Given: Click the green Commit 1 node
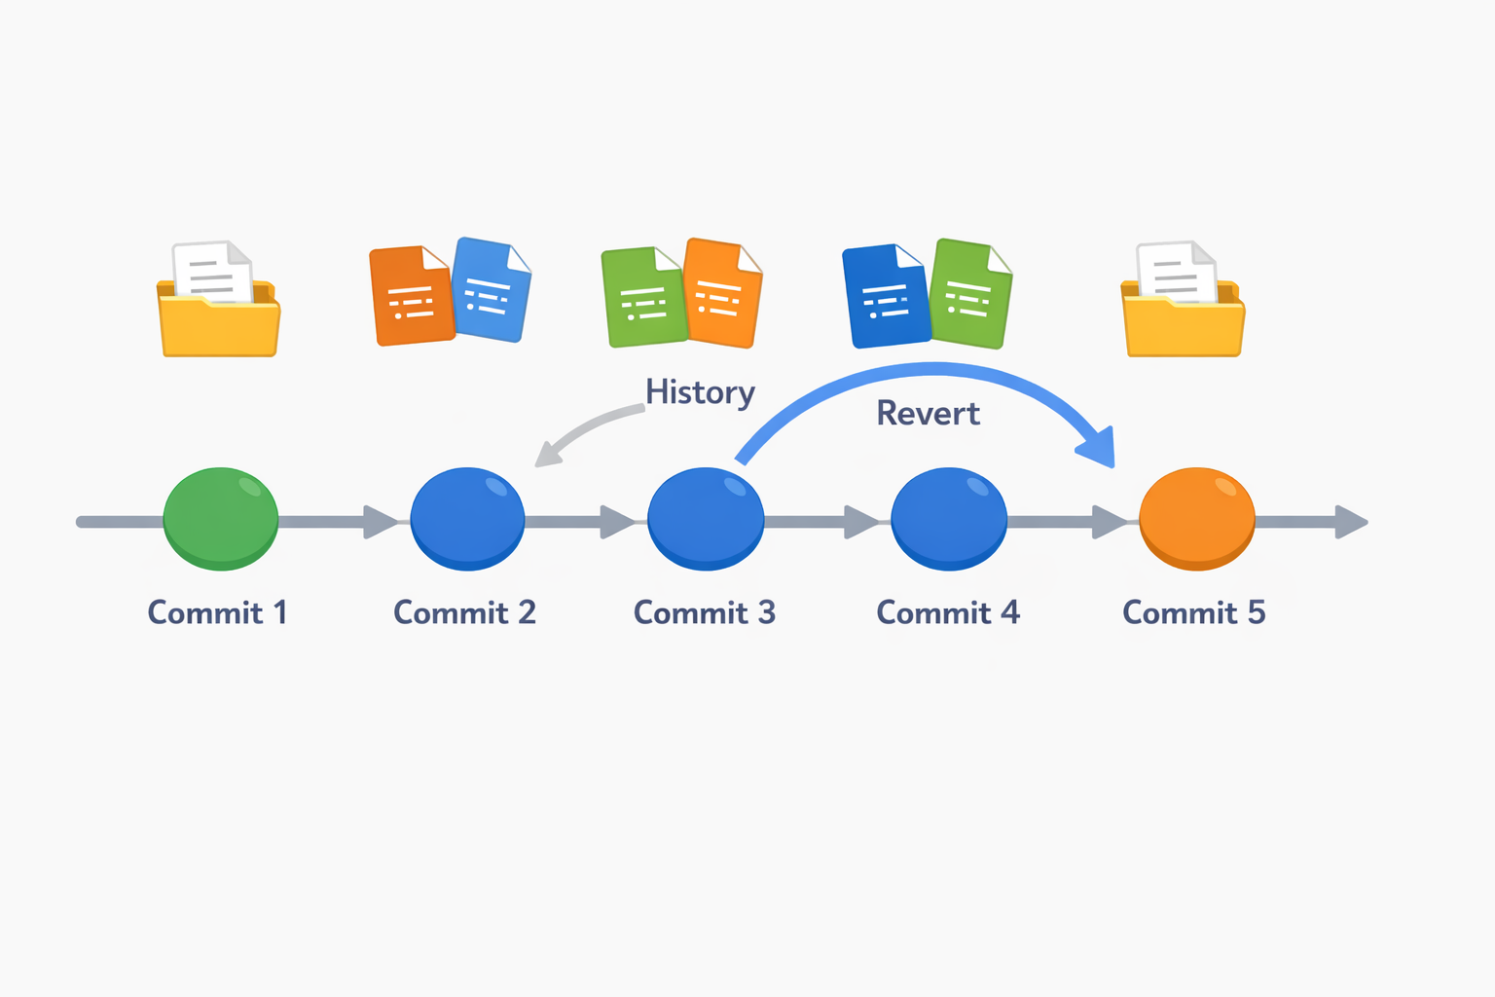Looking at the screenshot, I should coord(221,518).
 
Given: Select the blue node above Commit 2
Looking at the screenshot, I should coord(467,518).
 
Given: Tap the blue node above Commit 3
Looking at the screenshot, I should coord(706,518).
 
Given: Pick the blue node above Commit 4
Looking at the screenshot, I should coord(949,518).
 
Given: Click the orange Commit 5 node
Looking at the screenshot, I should coord(1196,518).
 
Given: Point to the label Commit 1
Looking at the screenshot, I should coord(217,612).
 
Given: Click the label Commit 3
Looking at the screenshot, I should coord(705,612).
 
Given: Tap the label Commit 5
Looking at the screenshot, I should coord(1193,612).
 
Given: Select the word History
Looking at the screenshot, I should coord(700,392).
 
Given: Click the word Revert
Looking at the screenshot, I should coord(928,414).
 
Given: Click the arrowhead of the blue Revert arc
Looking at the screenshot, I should coord(1098,448).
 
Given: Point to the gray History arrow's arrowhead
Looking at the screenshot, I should coord(547,455).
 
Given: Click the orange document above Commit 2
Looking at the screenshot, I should coord(411,296).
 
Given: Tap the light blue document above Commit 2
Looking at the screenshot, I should coord(492,290).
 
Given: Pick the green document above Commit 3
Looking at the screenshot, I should coord(642,298).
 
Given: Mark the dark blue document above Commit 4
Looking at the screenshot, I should coord(884,296).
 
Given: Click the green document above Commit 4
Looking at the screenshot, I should coord(970,293).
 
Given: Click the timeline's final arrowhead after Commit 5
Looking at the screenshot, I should coord(1353,522).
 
